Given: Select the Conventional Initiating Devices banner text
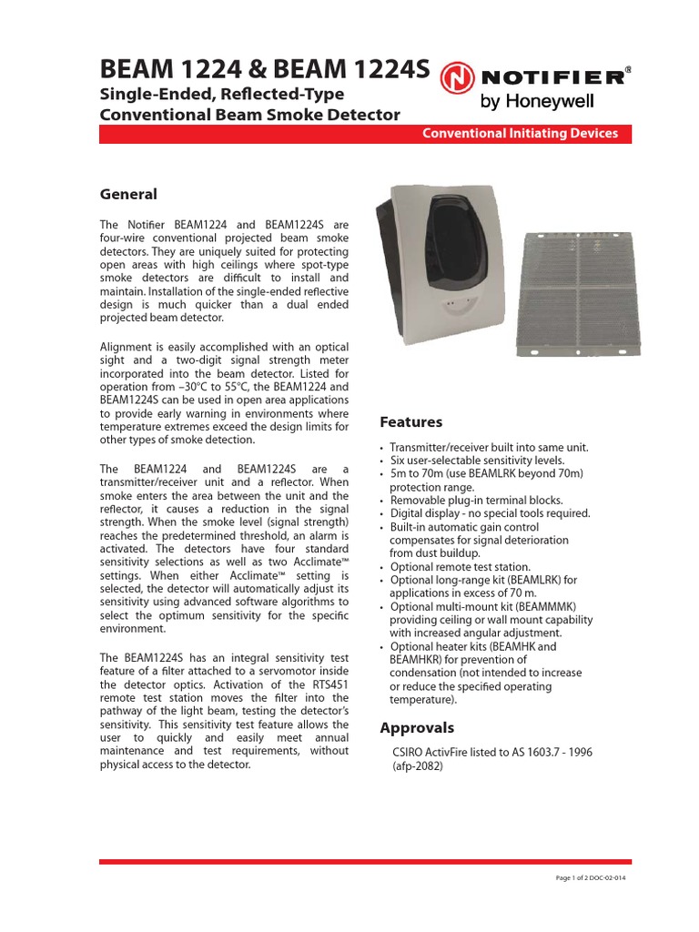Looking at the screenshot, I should [x=520, y=134].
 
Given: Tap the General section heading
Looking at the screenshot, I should [x=127, y=195].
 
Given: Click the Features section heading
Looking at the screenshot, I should [x=410, y=422].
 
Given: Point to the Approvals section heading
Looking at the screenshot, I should [x=416, y=728].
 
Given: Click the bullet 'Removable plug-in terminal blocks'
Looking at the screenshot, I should [x=476, y=501].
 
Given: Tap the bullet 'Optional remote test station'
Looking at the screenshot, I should [x=460, y=567].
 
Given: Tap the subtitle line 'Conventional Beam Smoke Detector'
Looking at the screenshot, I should [x=248, y=115].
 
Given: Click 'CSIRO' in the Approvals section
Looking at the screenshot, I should [x=409, y=753].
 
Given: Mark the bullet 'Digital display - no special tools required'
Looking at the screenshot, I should [x=490, y=513].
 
